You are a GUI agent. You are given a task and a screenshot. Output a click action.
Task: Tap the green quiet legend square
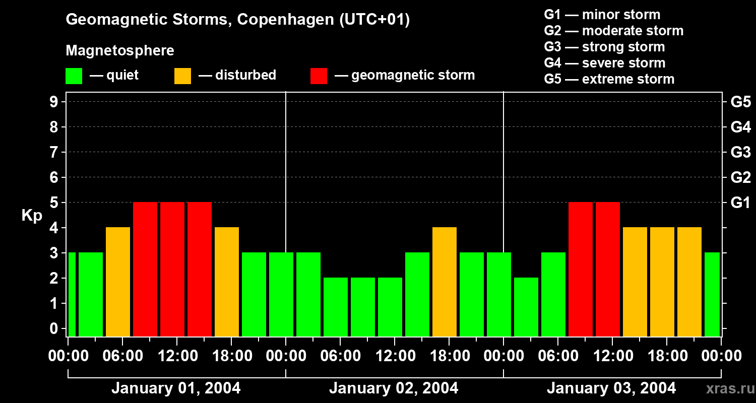pos(74,76)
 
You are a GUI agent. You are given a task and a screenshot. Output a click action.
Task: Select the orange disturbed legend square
pos(182,76)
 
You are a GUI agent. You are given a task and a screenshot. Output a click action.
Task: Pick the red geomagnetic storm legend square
pos(319,76)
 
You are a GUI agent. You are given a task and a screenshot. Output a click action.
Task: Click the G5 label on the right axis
pos(740,102)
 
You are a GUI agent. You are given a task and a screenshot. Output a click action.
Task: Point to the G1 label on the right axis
pos(740,203)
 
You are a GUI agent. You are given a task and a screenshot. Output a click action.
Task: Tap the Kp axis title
pos(31,216)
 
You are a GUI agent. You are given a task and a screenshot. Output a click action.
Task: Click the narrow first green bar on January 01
pos(72,294)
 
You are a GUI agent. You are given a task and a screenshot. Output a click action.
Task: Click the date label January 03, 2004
pos(611,388)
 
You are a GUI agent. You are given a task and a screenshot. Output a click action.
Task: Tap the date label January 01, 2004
pos(176,388)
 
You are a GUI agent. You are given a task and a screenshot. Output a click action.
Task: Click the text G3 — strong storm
pos(604,47)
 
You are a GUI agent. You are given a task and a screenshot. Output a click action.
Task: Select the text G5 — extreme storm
pos(609,79)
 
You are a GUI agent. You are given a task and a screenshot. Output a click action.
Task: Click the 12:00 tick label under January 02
pos(395,356)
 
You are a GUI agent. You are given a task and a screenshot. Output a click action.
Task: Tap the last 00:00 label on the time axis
pos(721,356)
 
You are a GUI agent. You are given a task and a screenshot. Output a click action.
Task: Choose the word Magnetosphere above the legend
pos(120,51)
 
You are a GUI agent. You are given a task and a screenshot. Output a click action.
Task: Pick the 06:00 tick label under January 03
pos(557,356)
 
